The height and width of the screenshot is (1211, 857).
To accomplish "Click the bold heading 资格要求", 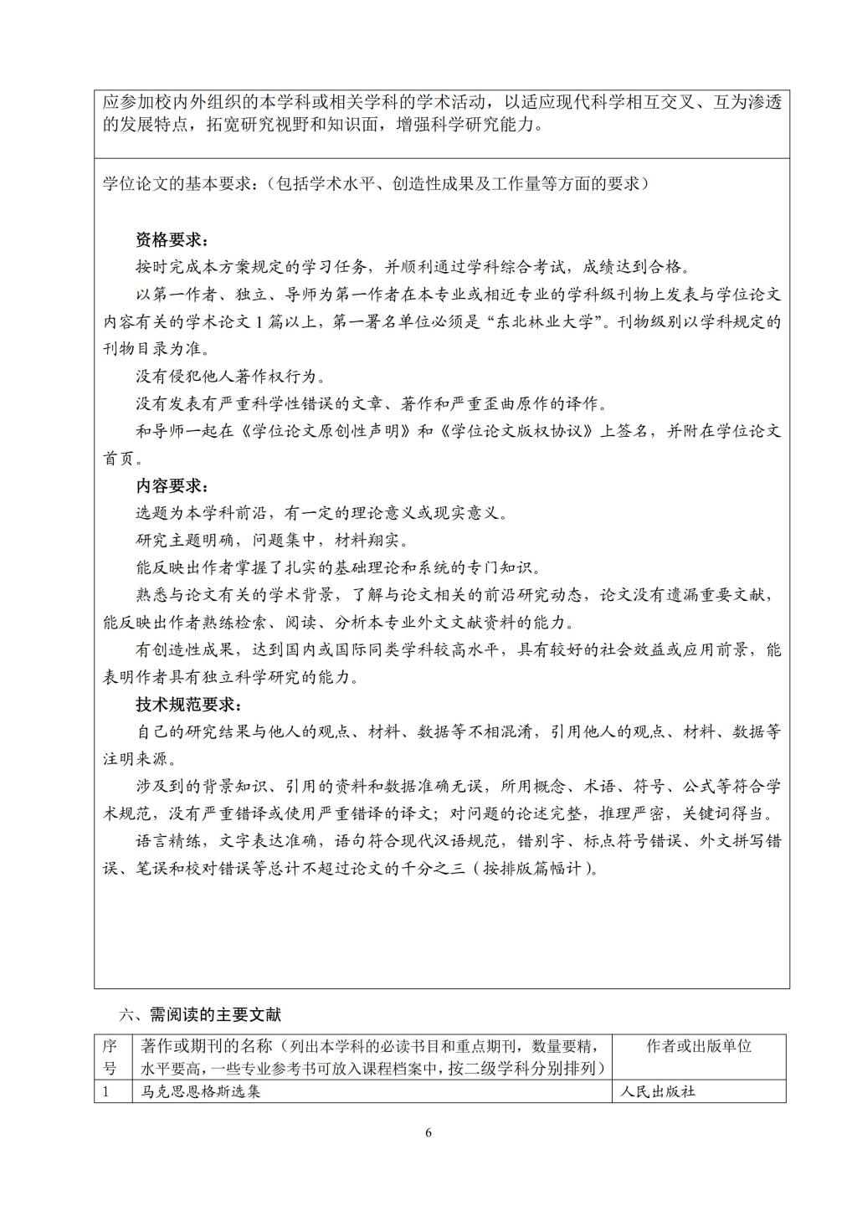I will [172, 239].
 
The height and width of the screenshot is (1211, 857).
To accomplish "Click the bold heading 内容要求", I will [172, 485].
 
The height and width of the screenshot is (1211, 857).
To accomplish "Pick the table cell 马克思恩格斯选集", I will [201, 1091].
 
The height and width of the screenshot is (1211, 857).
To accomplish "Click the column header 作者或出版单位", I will [699, 1045].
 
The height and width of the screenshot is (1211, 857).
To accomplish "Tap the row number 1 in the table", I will [106, 1091].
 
